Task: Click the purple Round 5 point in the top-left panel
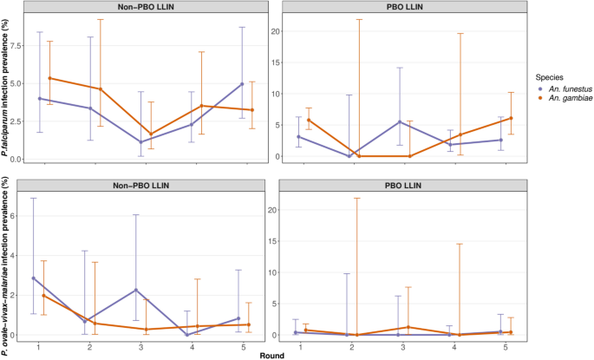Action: [242, 84]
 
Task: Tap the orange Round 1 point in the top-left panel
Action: [49, 78]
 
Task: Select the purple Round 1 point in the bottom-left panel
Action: [34, 278]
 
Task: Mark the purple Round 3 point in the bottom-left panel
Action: [138, 290]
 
